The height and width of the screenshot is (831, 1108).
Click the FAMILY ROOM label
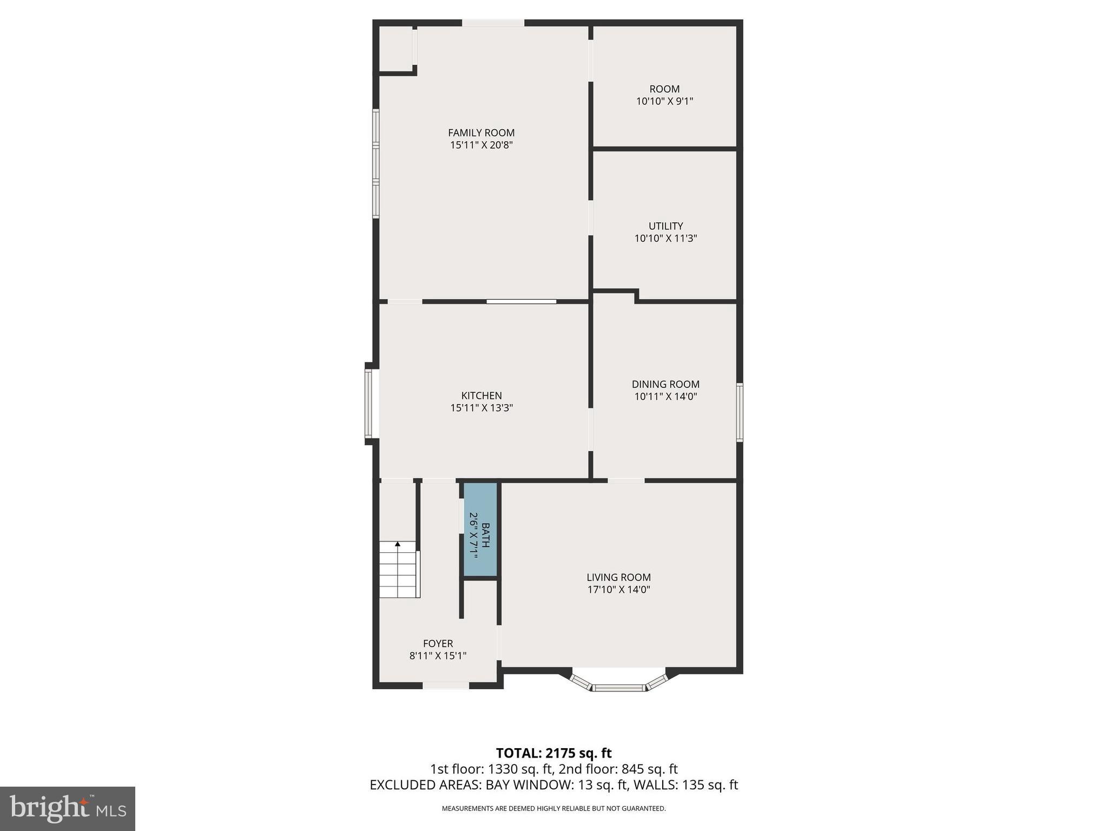[481, 133]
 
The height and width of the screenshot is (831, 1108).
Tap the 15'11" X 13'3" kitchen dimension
[482, 408]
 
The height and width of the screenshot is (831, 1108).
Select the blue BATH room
[480, 529]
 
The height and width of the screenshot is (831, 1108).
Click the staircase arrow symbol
[398, 544]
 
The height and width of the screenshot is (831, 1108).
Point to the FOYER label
[438, 643]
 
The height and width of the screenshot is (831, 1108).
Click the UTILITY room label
[665, 226]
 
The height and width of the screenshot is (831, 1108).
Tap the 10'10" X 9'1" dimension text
[664, 101]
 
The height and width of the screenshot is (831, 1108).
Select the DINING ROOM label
[665, 384]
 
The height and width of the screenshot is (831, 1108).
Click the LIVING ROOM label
[618, 577]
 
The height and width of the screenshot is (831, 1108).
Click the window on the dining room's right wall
[739, 412]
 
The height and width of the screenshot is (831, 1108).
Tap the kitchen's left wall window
[368, 403]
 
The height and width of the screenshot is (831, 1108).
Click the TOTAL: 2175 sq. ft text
[553, 753]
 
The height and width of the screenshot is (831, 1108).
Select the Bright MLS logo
[68, 808]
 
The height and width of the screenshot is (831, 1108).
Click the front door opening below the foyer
[445, 685]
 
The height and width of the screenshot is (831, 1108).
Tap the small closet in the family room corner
[395, 49]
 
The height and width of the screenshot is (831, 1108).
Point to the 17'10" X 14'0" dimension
[618, 590]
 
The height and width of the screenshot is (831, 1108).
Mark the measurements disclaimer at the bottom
[553, 808]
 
